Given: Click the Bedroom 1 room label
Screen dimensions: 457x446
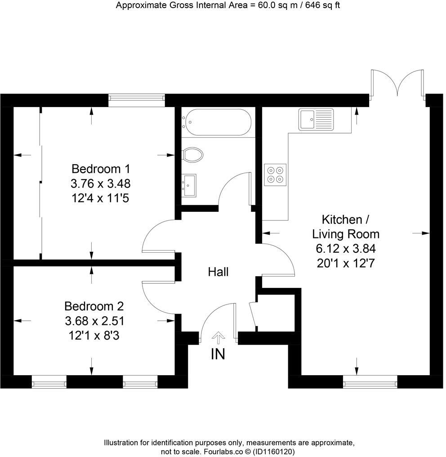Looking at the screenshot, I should point(101,169).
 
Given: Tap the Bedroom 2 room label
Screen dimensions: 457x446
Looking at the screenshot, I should point(94,306).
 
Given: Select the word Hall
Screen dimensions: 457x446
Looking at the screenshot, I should point(218,272).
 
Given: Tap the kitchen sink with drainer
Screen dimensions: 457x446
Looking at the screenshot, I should point(315,119).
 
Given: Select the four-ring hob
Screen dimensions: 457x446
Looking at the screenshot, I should point(276,175).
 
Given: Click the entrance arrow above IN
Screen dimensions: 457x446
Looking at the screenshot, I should point(219,337).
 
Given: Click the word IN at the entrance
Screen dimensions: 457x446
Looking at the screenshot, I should point(218,354).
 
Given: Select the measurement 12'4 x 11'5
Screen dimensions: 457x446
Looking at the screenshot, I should point(100,198).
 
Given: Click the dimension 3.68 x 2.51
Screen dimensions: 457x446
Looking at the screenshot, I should point(94,321).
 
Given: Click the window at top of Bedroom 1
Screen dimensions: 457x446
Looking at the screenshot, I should point(137,100).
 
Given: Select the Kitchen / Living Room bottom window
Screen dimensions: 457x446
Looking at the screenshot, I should point(370,382).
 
